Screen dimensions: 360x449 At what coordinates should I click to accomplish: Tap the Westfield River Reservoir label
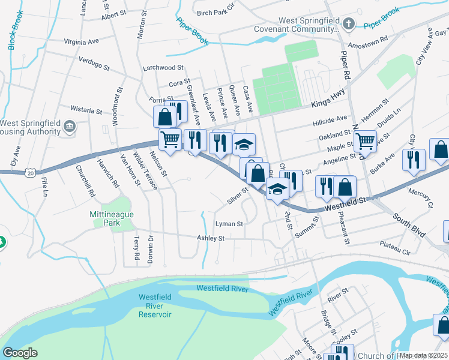[x=155, y=305]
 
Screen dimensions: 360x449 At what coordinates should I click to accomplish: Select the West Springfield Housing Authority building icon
[x=70, y=127]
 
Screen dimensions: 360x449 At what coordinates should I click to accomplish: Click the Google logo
[x=20, y=353]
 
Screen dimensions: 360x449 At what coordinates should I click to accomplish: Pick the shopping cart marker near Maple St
[x=365, y=142]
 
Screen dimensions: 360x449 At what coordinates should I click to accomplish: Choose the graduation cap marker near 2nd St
[x=277, y=189]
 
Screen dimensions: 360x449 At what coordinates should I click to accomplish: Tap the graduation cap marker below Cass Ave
[x=244, y=144]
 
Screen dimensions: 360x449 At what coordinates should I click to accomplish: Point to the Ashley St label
[x=211, y=238]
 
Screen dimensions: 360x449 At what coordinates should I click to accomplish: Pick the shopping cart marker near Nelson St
[x=170, y=140]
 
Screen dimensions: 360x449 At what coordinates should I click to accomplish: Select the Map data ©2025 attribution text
[x=423, y=355]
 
